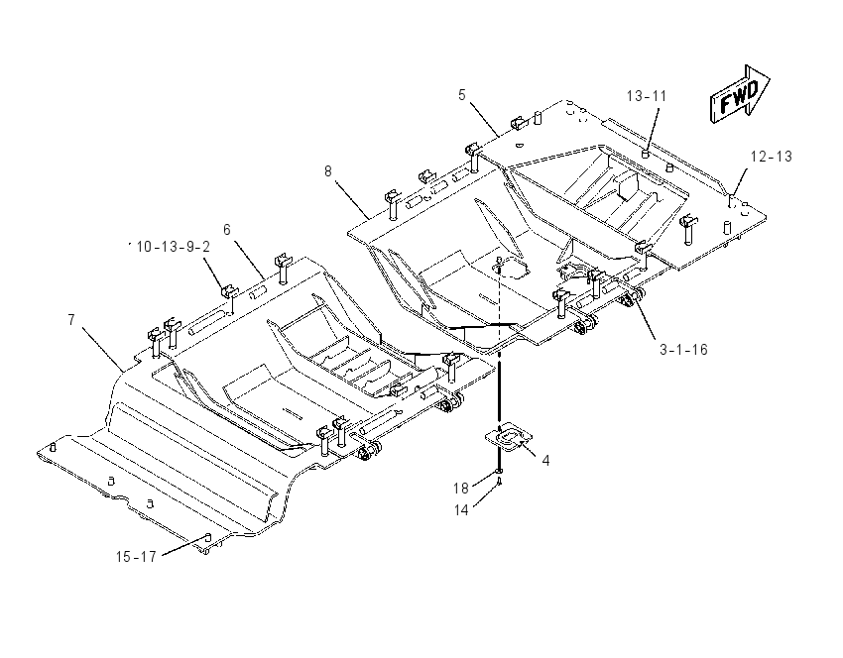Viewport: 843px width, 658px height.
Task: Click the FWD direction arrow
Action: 739,95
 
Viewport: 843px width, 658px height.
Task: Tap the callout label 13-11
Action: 647,96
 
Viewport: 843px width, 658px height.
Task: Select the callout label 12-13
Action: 772,157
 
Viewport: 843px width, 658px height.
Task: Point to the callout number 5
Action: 462,95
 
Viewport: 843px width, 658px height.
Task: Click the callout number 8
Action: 328,171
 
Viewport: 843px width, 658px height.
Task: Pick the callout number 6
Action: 227,230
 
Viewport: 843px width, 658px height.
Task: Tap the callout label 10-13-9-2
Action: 174,247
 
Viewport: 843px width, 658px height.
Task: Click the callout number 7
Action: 71,320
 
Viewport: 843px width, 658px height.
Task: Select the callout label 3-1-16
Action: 684,350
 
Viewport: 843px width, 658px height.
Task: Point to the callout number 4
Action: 545,461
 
